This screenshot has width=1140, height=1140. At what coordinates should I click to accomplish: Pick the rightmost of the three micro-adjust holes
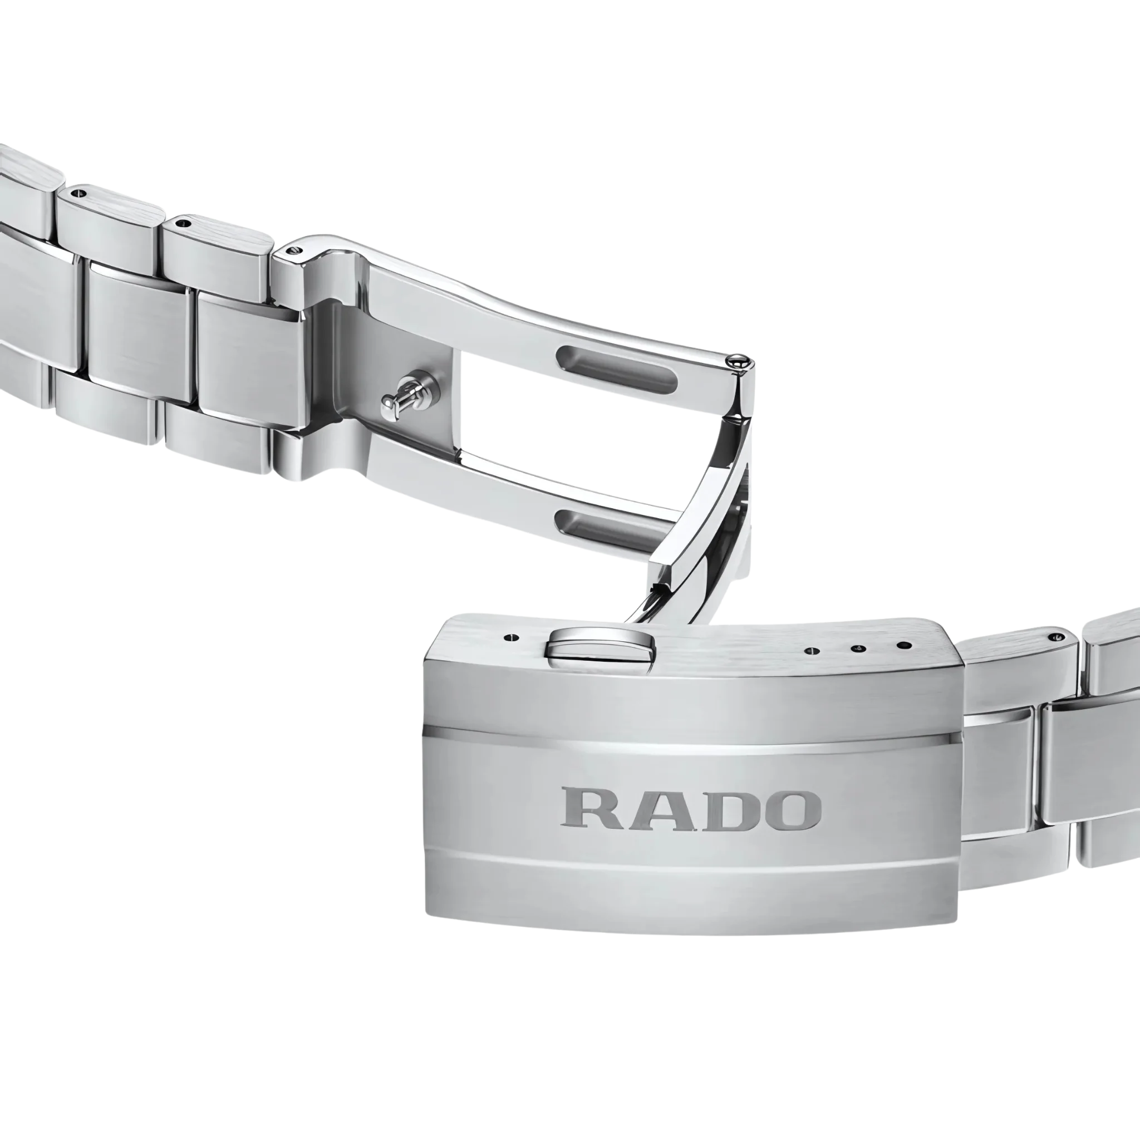click(x=901, y=645)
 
